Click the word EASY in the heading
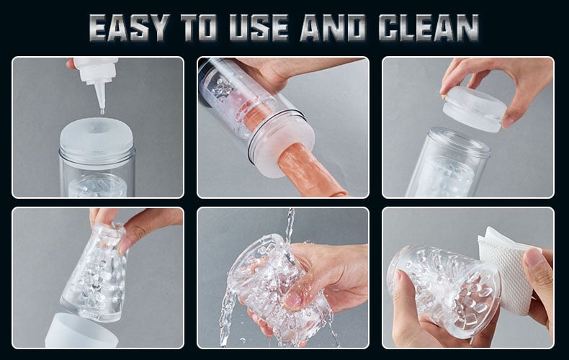click(128, 27)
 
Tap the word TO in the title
click(199, 27)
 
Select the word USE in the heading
click(259, 27)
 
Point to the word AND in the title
click(333, 27)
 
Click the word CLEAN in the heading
click(429, 27)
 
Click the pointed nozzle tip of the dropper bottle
click(102, 111)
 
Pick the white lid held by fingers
click(474, 109)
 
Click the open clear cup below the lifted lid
click(447, 163)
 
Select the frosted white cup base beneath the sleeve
click(81, 331)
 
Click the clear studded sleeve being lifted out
click(95, 272)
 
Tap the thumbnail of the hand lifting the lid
click(507, 122)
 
